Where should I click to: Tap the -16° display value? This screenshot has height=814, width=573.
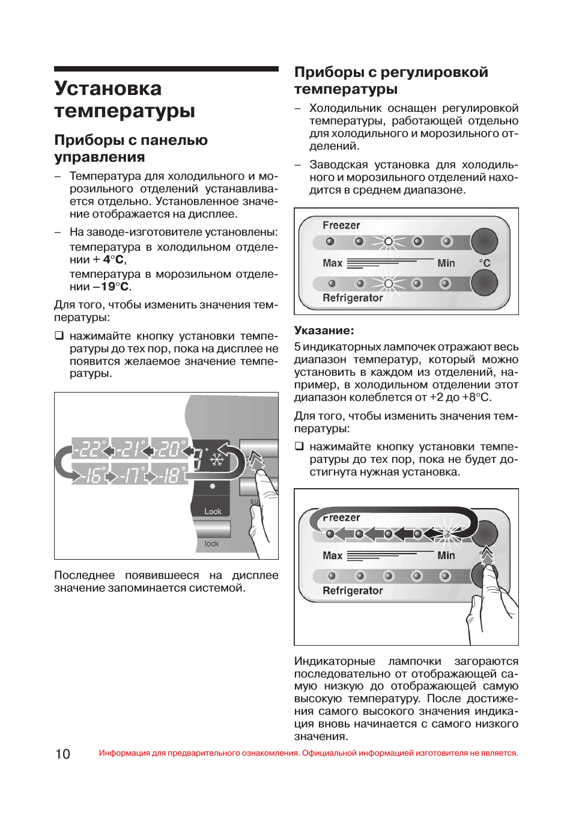(91, 476)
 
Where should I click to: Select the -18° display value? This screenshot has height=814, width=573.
(169, 476)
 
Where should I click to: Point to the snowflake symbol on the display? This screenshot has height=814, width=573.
(216, 460)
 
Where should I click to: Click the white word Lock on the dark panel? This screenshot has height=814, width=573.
(213, 512)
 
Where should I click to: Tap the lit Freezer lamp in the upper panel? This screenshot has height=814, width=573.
(388, 242)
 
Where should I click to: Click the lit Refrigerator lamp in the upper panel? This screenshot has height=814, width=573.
(388, 283)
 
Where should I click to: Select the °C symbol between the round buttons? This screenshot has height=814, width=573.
(484, 263)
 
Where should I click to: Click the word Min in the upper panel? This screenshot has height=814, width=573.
(446, 263)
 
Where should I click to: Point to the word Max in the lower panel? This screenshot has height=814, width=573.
(332, 555)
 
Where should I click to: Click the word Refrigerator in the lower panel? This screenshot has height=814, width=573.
(353, 590)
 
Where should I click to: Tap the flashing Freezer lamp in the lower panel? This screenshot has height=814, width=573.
(446, 533)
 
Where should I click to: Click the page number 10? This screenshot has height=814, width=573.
(62, 754)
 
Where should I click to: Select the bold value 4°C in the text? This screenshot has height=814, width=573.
(114, 260)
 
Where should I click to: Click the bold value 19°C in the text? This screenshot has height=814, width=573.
(114, 287)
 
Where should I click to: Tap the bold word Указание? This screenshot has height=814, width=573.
(324, 330)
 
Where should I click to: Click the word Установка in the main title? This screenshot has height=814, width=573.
(108, 88)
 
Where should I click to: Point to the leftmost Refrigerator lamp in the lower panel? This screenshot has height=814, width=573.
(331, 576)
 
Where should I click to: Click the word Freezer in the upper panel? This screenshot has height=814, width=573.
(341, 225)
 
